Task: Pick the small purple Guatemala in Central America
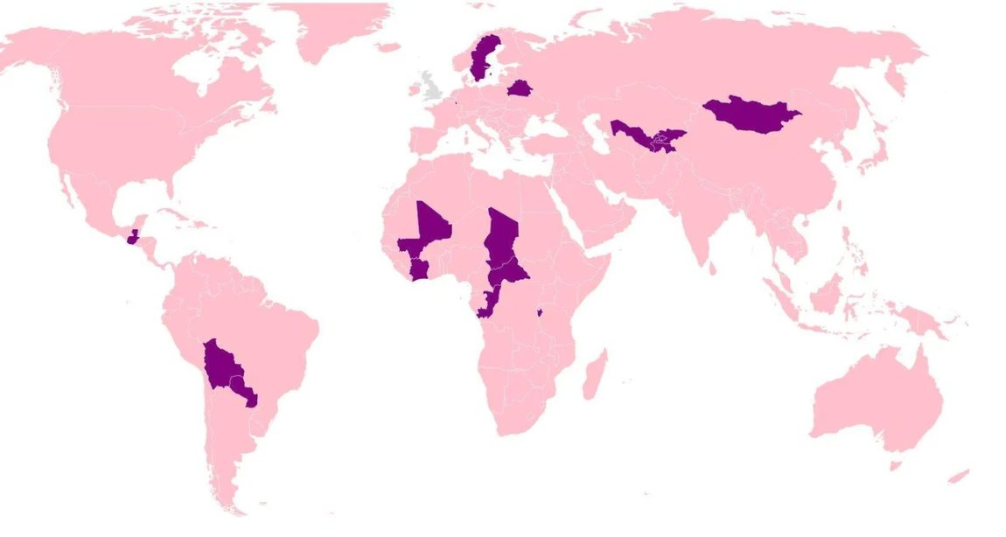coord(132,237)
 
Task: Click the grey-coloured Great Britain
coord(430,87)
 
